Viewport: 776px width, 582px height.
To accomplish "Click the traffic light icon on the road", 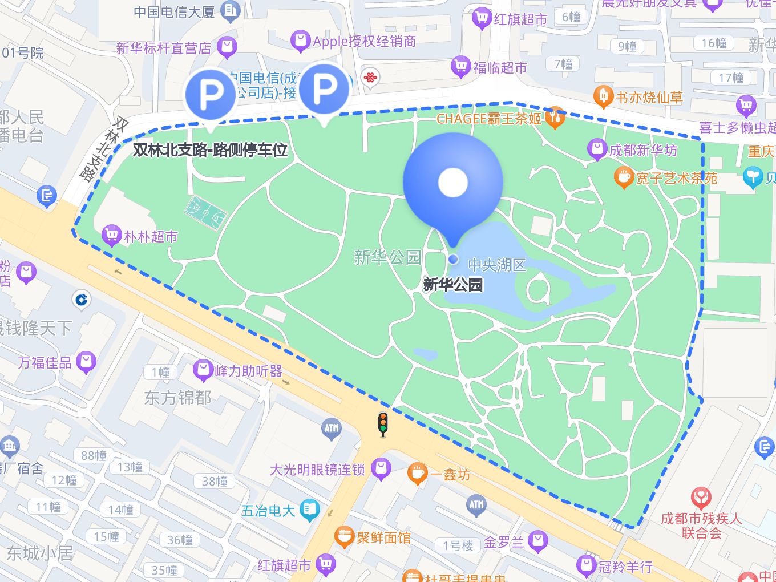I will pos(383,424).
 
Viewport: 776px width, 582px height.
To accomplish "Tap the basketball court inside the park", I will pos(205,212).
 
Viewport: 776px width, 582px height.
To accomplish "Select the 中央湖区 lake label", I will pos(496,265).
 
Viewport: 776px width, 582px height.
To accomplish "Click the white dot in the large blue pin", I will pos(453,183).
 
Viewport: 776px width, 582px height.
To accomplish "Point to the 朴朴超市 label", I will pos(151,236).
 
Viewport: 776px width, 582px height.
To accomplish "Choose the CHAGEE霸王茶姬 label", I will pos(488,119).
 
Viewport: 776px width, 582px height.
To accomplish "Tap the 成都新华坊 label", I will pos(643,150).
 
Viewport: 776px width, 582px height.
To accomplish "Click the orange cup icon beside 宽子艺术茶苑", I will pos(624,177).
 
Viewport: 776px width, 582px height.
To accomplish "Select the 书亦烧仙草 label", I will pos(649,98).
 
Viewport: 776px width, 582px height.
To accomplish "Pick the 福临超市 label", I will pos(500,67).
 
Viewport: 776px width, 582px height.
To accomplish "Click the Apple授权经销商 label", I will pos(364,41).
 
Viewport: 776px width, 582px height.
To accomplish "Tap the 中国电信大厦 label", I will pos(174,11).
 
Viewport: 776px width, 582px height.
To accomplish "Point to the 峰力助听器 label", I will pos(248,371).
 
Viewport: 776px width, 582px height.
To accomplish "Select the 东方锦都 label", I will pos(177,397).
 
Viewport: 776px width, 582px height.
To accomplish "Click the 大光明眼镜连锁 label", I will pos(317,470).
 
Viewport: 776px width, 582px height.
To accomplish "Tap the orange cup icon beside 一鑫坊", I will pos(418,474).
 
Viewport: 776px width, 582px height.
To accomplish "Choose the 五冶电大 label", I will pos(268,511).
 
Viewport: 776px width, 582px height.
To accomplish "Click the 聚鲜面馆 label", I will pos(383,537).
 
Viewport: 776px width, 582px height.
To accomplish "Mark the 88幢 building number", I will pos(94,455).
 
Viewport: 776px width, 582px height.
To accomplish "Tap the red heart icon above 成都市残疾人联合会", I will pos(701,498).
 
